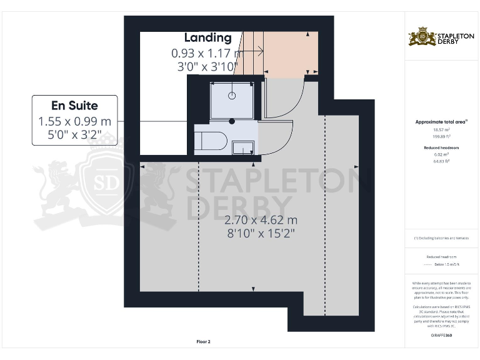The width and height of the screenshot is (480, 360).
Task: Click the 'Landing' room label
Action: pos(207,38)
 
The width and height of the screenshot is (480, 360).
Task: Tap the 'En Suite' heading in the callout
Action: pos(74,106)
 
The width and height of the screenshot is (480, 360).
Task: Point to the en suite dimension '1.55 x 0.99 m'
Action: pos(74,121)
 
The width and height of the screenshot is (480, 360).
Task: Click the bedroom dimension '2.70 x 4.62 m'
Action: pos(261,220)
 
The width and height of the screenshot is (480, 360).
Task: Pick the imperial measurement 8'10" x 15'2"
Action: pos(261,234)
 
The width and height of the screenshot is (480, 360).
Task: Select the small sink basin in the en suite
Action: pos(242,147)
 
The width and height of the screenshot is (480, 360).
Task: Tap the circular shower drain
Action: pos(231,96)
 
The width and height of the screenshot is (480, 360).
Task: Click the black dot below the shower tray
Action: pos(231,121)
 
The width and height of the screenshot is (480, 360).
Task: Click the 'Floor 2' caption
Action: pos(203,342)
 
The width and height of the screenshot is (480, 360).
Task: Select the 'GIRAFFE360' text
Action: pos(441,336)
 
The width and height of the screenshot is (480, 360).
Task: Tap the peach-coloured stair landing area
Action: pos(284,55)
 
